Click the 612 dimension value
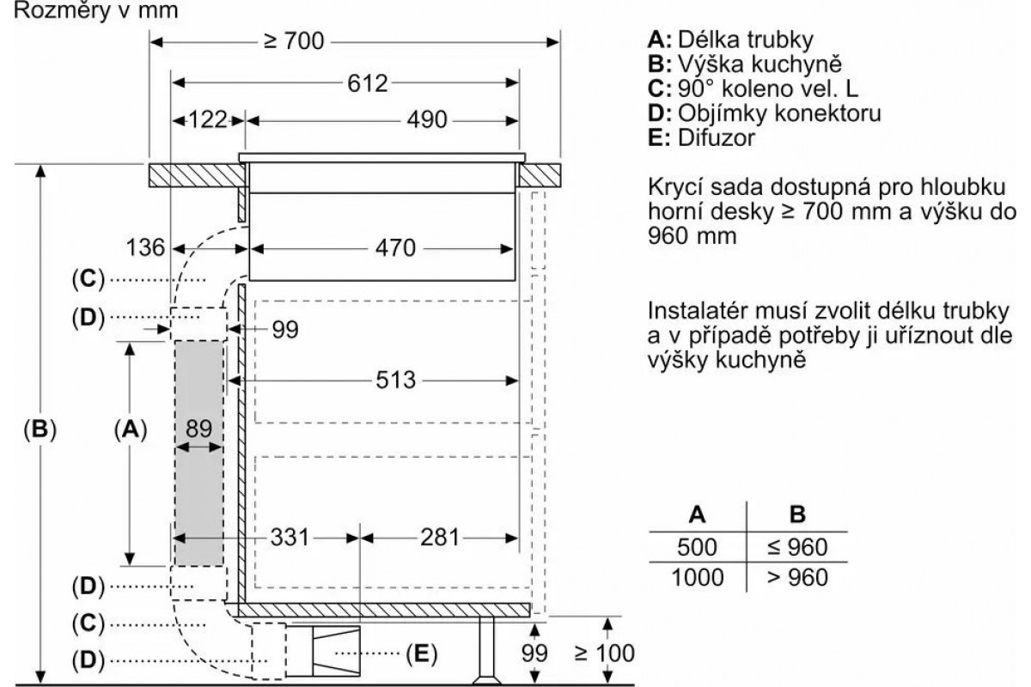368,83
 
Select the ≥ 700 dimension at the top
294,41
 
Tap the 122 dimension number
208,119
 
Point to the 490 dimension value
427,119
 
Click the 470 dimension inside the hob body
395,248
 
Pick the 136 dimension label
145,247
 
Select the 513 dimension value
396,380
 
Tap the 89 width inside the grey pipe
198,429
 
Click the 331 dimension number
290,537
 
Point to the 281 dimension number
440,537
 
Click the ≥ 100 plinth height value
604,653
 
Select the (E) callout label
421,654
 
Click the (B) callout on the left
40,429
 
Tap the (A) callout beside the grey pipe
131,429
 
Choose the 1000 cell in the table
698,577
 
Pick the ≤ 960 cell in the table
797,547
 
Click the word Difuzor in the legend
717,137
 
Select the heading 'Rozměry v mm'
96,11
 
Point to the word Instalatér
705,311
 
